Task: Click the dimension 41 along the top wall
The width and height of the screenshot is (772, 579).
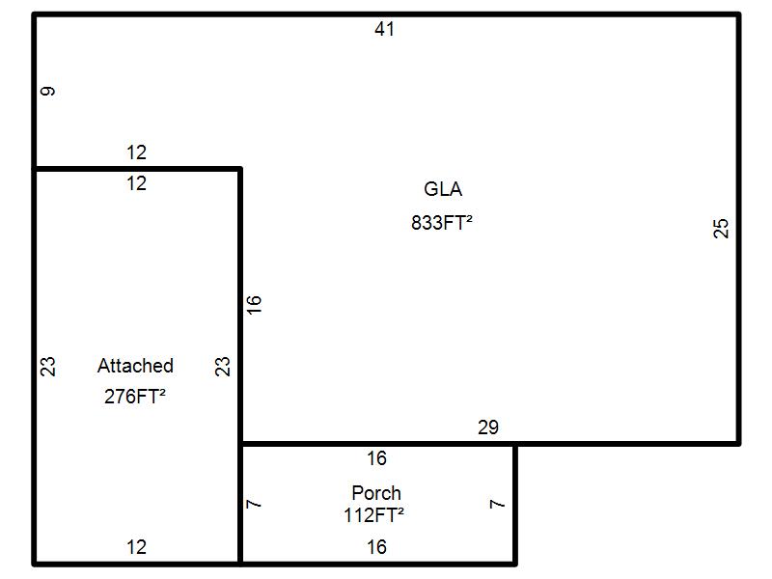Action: coord(385,29)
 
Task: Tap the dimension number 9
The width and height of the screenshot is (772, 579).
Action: coord(48,92)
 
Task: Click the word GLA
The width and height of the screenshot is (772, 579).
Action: coord(443,189)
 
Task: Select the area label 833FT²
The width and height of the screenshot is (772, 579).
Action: coord(442,222)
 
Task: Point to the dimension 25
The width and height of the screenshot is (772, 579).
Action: coord(721,229)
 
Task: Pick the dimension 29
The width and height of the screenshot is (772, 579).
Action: coord(488,427)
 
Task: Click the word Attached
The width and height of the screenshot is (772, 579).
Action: coord(135,366)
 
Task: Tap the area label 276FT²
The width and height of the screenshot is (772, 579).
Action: coord(135,396)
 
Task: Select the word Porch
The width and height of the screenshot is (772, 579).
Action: coord(376,493)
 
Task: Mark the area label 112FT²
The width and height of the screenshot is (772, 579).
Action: coord(373,515)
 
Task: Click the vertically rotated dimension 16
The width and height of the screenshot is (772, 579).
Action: coord(254,304)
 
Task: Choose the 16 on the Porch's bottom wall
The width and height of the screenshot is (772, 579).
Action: coord(376,547)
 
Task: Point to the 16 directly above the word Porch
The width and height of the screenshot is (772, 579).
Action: coord(376,458)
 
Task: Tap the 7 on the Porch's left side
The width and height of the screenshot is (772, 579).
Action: coord(254,504)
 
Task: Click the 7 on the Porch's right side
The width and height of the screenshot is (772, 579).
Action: coord(498,504)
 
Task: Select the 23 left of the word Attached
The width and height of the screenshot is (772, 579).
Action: coord(48,367)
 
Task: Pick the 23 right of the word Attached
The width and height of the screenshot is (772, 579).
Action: coord(223,367)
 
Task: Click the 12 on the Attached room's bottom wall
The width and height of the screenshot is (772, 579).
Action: coord(136,547)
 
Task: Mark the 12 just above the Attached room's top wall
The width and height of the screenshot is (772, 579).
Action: coord(136,152)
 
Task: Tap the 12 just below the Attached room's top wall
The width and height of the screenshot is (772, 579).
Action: coord(136,183)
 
